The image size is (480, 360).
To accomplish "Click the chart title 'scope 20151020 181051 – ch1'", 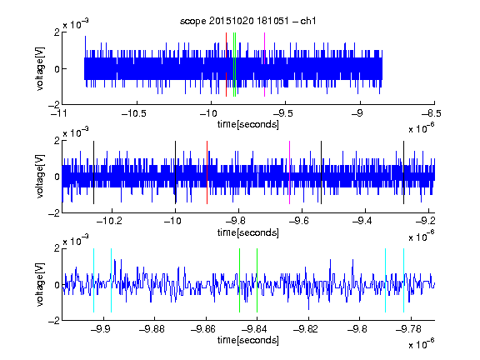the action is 247,21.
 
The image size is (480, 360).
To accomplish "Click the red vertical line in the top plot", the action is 226,65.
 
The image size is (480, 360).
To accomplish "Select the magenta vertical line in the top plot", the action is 264,65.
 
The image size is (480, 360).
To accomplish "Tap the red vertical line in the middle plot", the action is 207,172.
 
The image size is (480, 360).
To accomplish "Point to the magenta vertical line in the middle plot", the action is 290,172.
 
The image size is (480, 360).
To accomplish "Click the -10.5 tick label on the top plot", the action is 134,113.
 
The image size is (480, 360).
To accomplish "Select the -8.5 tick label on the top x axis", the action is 432,113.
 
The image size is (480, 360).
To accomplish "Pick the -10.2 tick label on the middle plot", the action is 109,221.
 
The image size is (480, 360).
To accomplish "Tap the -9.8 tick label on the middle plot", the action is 236,221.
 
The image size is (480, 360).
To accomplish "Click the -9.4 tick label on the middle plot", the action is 362,221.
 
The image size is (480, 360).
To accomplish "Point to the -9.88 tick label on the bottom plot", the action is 152,329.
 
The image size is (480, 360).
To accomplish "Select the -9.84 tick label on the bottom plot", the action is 254,329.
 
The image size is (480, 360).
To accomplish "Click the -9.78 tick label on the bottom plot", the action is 408,329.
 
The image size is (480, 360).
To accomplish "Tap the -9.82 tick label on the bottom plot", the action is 306,329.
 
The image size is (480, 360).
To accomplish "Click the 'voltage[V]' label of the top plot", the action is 40,68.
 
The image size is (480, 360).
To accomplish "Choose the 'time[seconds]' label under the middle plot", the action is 248,232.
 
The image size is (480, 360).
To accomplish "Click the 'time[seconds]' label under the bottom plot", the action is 248,340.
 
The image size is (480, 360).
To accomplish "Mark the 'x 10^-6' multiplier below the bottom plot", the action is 422,343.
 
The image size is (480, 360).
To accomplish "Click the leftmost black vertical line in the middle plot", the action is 93,172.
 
